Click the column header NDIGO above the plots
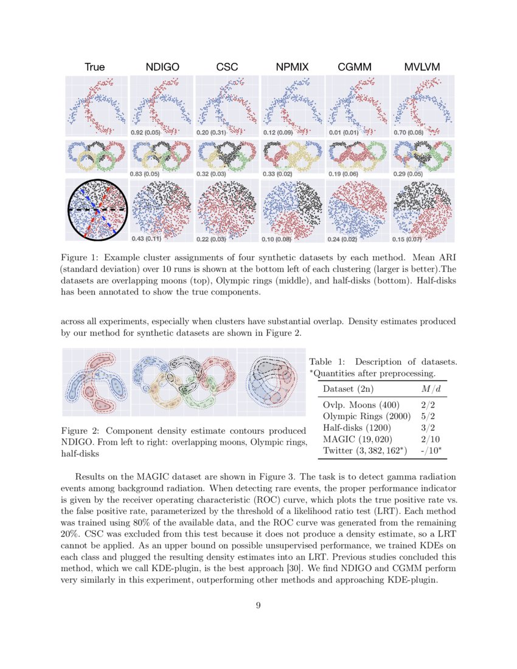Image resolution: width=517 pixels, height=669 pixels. tap(162, 68)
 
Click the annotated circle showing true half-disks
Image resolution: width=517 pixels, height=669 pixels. tap(97, 210)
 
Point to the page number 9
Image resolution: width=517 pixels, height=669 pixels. tap(258, 604)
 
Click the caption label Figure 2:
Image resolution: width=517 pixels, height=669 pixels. tap(83, 431)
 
